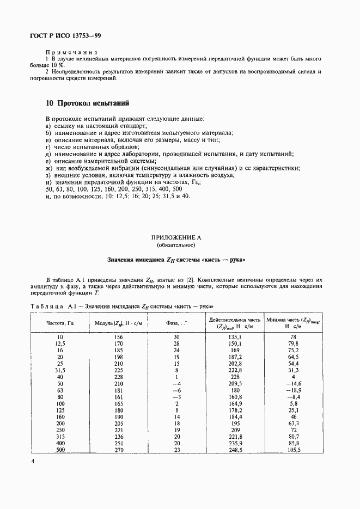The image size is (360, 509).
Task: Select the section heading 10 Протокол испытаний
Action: coord(87,103)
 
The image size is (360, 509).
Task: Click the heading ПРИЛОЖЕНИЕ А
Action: coord(180,237)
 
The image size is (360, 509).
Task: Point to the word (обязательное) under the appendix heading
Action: coord(180,245)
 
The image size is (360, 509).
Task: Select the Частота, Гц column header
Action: coord(61,322)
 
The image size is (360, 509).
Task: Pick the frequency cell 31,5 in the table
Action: coord(61,371)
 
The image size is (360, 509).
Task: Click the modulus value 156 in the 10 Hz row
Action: coord(119,337)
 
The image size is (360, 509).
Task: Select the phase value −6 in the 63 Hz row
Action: coord(175,390)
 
